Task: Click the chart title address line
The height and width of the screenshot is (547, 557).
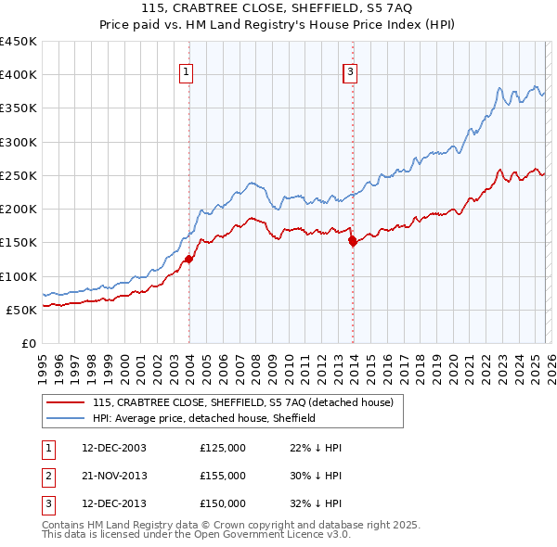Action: click(x=278, y=8)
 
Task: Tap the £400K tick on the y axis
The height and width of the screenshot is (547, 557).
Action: click(x=19, y=75)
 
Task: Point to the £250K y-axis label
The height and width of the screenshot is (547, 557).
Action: click(x=19, y=175)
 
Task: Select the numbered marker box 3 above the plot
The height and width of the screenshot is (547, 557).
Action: click(x=351, y=72)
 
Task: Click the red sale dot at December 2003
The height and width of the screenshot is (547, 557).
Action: click(x=188, y=260)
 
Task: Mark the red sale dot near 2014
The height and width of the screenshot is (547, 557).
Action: click(x=353, y=241)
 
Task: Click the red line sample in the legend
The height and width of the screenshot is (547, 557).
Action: click(x=66, y=402)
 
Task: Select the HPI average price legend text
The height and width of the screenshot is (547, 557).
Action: click(x=204, y=418)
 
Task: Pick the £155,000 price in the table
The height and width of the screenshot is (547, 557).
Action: click(x=223, y=476)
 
